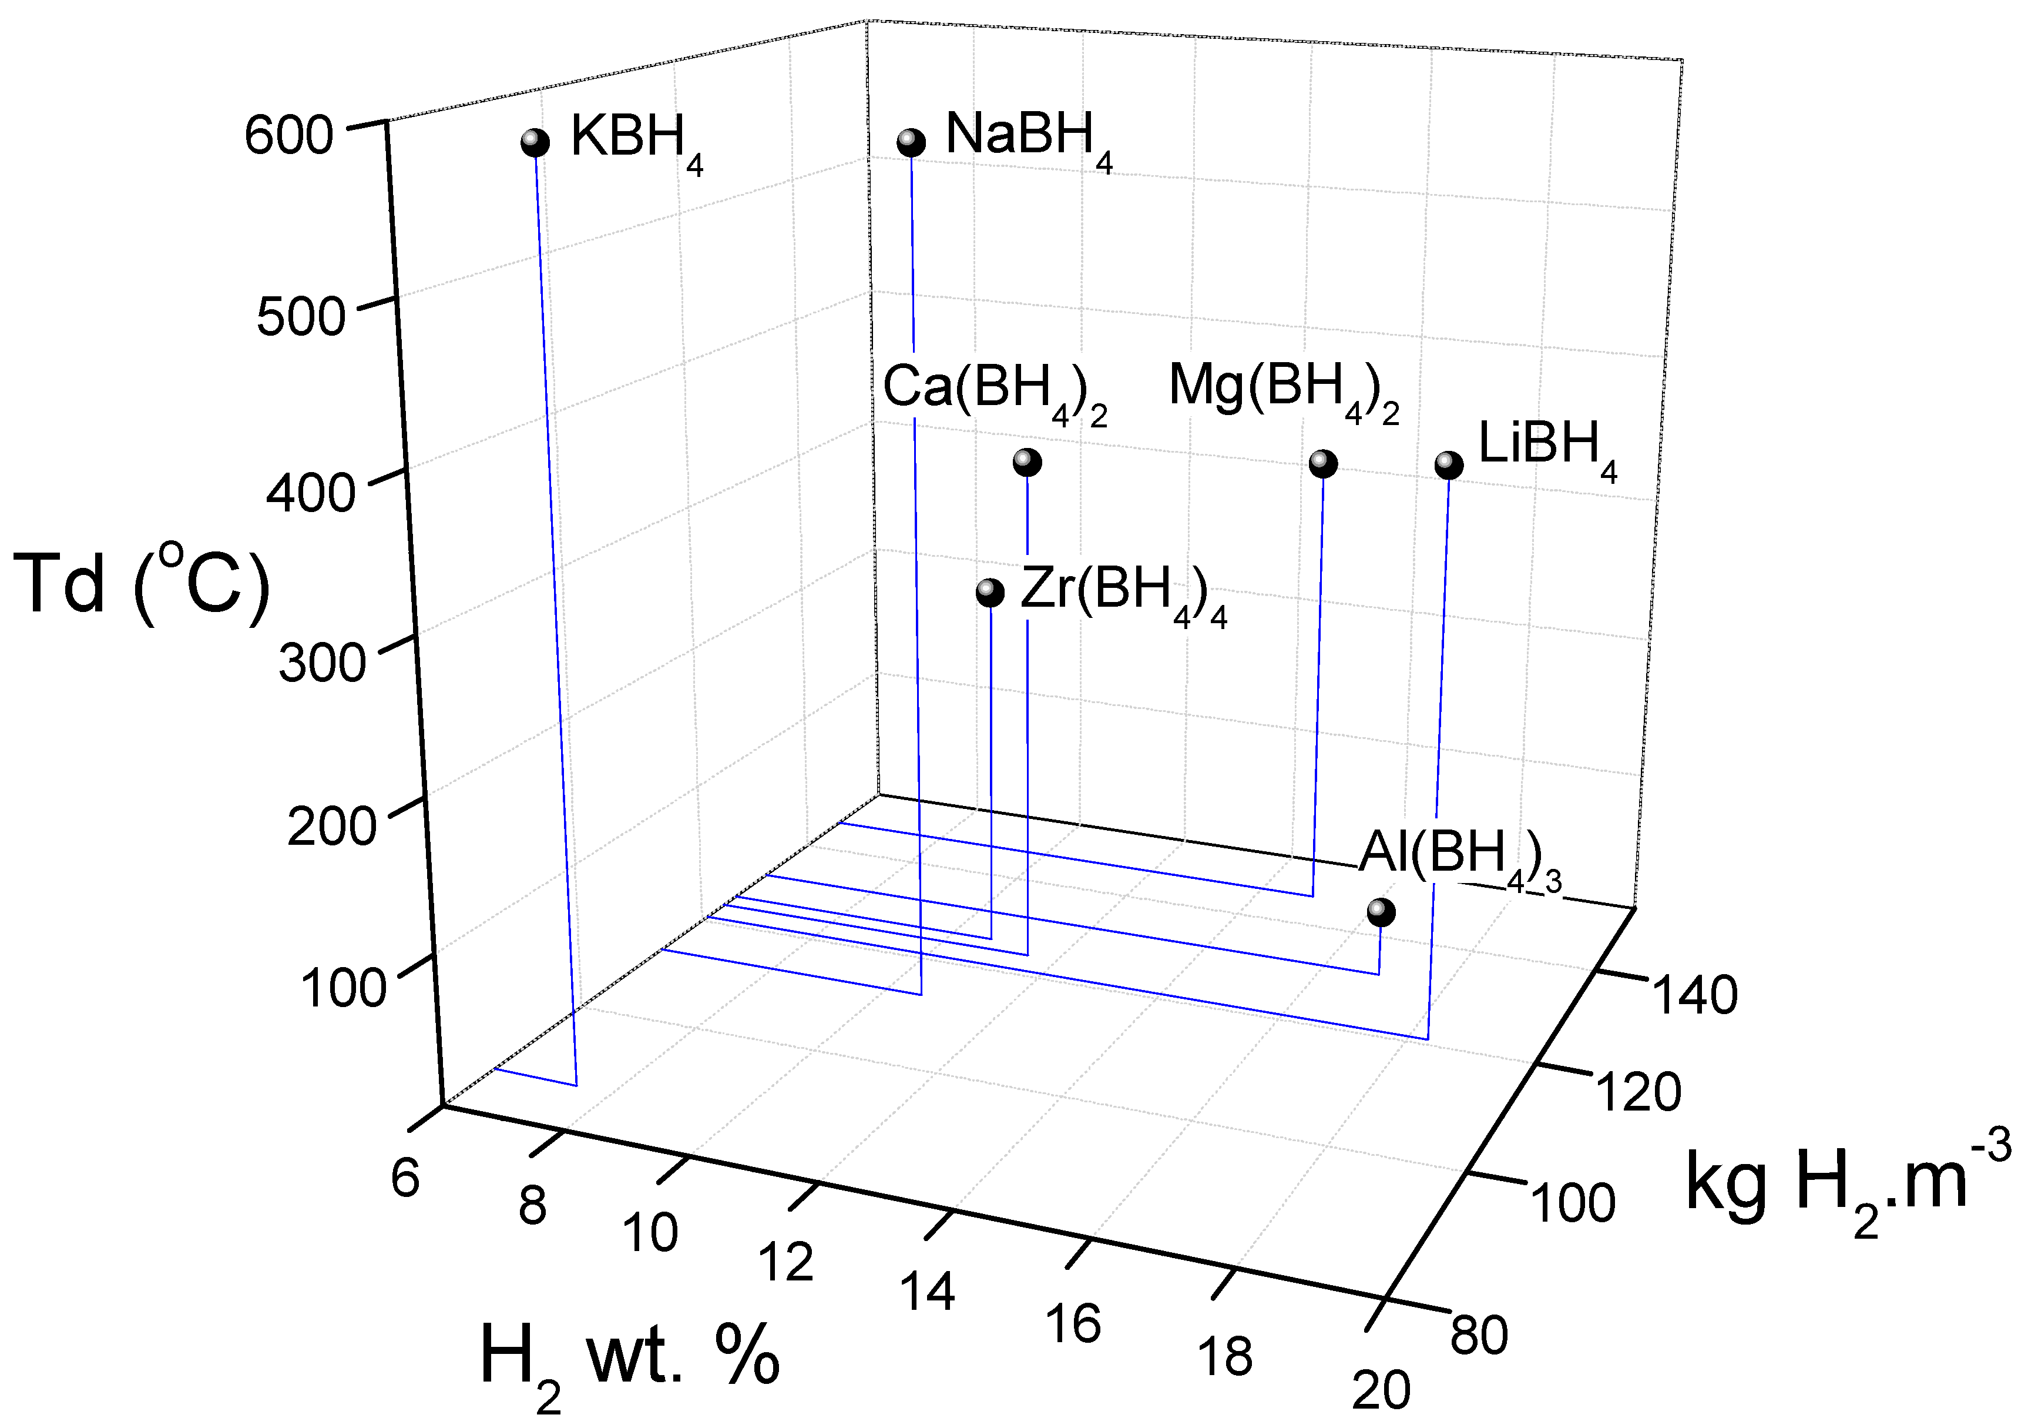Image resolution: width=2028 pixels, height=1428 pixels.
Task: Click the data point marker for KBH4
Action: click(x=535, y=142)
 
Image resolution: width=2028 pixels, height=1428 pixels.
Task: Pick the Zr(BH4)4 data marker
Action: click(x=990, y=592)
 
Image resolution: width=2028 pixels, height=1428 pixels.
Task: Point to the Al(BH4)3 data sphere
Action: click(x=1381, y=912)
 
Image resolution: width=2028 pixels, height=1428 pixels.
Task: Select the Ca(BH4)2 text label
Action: click(x=995, y=392)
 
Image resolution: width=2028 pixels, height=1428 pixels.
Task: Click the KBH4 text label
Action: click(x=636, y=141)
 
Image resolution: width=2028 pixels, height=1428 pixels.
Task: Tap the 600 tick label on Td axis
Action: click(x=289, y=137)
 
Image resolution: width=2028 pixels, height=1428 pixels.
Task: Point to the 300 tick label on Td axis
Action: click(x=323, y=663)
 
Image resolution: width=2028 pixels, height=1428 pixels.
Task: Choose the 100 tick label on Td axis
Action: click(x=344, y=988)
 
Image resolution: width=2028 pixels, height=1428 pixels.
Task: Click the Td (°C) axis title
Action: click(x=142, y=583)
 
